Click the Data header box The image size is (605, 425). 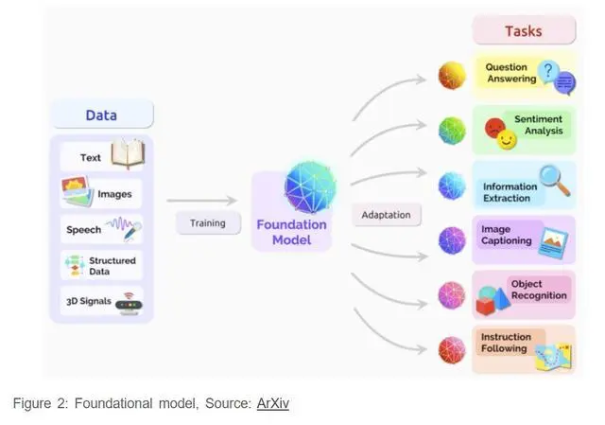[x=101, y=115]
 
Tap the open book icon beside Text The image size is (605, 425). [x=127, y=154]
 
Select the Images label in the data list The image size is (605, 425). [x=114, y=194]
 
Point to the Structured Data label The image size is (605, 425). [x=112, y=266]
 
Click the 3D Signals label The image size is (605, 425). [x=88, y=302]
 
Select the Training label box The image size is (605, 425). [x=206, y=223]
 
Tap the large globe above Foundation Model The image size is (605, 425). [x=310, y=186]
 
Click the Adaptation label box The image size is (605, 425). [x=386, y=215]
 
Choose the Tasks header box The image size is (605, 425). [x=523, y=30]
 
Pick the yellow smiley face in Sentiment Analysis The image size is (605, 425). [x=508, y=140]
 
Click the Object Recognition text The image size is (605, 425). [x=539, y=290]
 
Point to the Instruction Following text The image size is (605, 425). [x=505, y=343]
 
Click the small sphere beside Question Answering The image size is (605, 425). [x=452, y=76]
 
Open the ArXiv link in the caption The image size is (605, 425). [x=272, y=403]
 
